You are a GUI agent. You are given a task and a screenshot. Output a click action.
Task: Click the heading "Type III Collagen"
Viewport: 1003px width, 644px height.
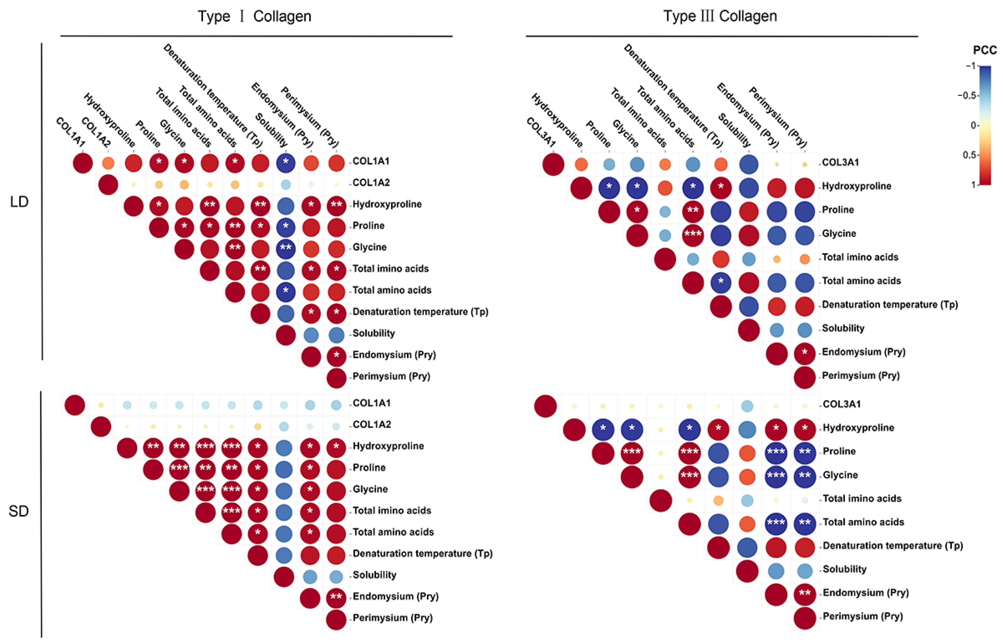pos(720,16)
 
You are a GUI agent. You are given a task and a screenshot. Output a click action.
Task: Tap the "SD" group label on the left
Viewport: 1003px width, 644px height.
pos(19,511)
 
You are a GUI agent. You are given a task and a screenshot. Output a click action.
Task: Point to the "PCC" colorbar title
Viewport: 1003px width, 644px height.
pos(985,51)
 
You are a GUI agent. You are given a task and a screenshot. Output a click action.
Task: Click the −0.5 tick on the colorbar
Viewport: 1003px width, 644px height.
pos(967,96)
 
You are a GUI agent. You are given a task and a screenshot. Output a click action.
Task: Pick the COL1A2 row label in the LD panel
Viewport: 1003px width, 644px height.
pos(371,183)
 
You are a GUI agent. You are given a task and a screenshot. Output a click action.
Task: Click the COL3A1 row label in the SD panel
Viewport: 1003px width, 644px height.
pos(842,404)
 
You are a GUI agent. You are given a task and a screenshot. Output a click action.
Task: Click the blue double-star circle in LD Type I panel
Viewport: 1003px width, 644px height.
pos(286,249)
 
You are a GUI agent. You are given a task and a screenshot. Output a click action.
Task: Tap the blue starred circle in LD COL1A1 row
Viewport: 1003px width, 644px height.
pos(286,163)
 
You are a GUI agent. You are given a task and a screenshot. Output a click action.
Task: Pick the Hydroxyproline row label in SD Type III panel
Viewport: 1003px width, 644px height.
pos(858,428)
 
